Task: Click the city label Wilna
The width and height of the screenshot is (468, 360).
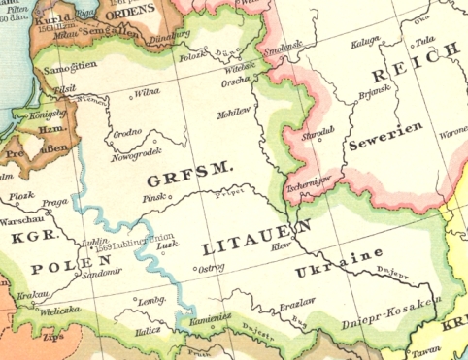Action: pos(147,93)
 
